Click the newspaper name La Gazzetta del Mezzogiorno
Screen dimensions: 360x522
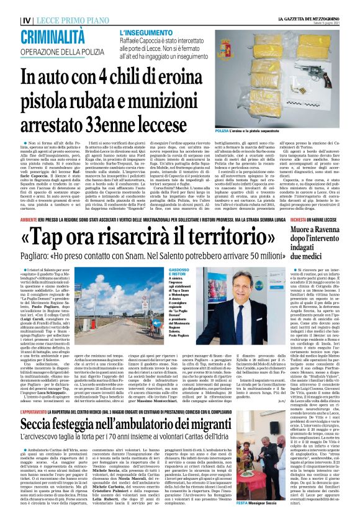[311, 5]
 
